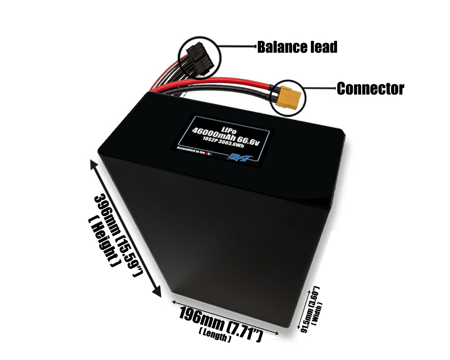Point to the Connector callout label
click(x=370, y=89)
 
